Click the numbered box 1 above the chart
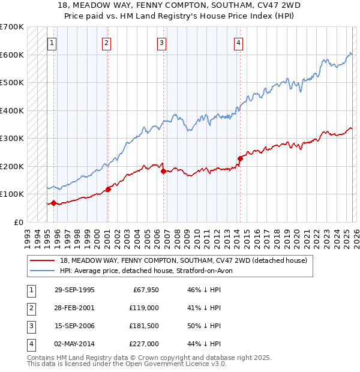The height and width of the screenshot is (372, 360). point(52,43)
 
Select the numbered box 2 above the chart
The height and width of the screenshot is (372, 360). point(106,43)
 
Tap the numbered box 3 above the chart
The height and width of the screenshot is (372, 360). point(162,43)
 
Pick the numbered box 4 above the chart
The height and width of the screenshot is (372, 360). point(238,43)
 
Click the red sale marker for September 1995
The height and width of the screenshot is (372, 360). point(54,203)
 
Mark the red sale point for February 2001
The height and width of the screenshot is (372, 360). point(108,189)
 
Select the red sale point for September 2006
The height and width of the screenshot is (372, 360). point(163,171)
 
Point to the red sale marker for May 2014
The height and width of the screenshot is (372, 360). point(240,158)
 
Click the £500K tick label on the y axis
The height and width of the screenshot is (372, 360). point(12,82)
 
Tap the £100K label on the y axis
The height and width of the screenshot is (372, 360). point(12,194)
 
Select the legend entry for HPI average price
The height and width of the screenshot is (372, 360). point(150,271)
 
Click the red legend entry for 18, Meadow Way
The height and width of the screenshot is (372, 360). point(184,260)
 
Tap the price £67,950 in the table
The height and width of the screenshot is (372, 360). point(145,290)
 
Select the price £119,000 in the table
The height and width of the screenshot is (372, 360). point(143,308)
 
